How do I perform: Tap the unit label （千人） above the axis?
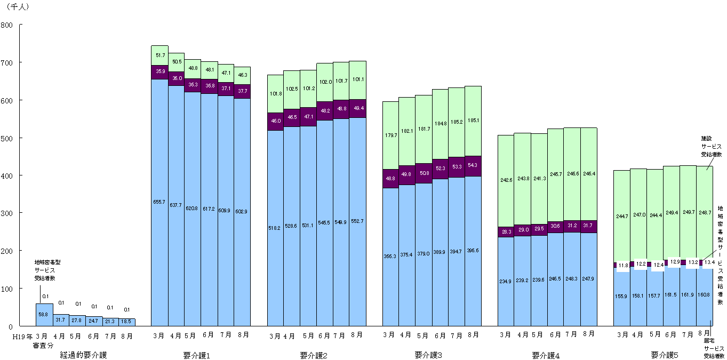18,7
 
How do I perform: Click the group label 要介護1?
196,355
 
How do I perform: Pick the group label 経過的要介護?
83,355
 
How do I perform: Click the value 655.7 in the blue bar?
159,202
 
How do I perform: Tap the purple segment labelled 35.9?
159,71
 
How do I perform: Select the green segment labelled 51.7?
159,55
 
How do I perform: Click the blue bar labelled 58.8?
44,315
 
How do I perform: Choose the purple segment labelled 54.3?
473,165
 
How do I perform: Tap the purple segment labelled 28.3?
506,232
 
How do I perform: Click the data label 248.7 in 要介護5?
705,213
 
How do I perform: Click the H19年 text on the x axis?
22,336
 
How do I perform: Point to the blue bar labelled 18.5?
127,322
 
